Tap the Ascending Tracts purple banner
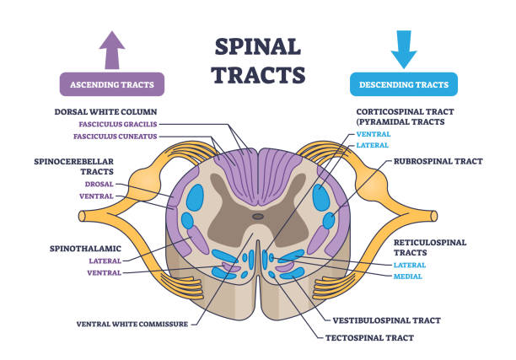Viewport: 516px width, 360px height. coord(111,84)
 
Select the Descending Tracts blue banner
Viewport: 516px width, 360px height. coord(404,84)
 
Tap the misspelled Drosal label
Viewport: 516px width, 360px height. coord(99,183)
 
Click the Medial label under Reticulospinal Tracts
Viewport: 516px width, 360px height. coord(408,276)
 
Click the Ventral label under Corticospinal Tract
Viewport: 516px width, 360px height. coord(374,133)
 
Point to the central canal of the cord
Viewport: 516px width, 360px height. coord(258,217)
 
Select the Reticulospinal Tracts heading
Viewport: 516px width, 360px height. coord(427,246)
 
